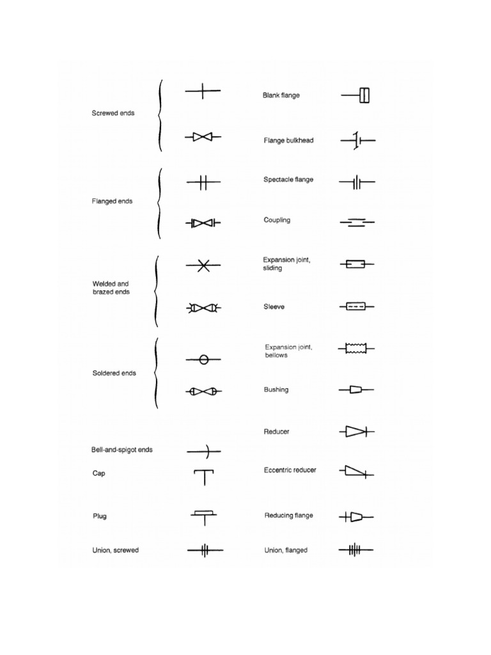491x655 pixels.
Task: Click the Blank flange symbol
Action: [357, 96]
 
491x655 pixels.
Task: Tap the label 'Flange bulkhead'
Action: [288, 141]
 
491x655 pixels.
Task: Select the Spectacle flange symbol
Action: [357, 183]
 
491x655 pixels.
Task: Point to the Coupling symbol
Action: [357, 223]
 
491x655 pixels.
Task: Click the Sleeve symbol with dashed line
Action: [356, 307]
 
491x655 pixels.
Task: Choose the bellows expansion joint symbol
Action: [356, 348]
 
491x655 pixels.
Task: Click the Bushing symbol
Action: [356, 390]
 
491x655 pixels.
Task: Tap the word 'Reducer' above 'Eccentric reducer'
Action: [276, 432]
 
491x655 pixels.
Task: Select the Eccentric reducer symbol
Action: [356, 472]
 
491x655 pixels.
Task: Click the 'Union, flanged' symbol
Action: [355, 550]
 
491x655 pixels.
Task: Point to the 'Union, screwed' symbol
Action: [204, 550]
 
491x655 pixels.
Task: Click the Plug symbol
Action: [204, 516]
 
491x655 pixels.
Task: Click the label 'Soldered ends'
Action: [114, 373]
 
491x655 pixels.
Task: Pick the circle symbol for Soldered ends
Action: [204, 360]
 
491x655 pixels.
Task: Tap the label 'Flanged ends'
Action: [113, 201]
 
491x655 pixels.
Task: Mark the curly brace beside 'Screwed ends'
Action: [159, 115]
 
